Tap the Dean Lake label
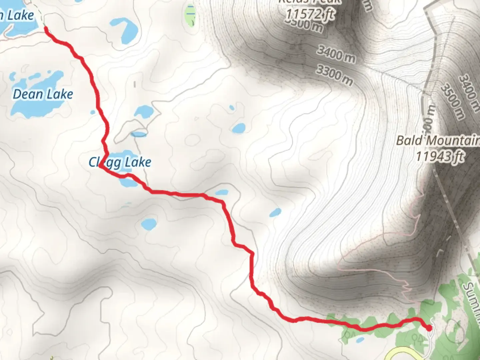[43, 94]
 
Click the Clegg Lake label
[120, 162]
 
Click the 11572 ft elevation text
[310, 14]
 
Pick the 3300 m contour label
[334, 75]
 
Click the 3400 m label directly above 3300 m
[336, 54]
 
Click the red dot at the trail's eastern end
[429, 328]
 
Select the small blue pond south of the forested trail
[360, 340]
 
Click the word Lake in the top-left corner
[21, 15]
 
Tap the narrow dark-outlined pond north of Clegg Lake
[139, 134]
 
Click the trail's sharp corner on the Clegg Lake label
[100, 167]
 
